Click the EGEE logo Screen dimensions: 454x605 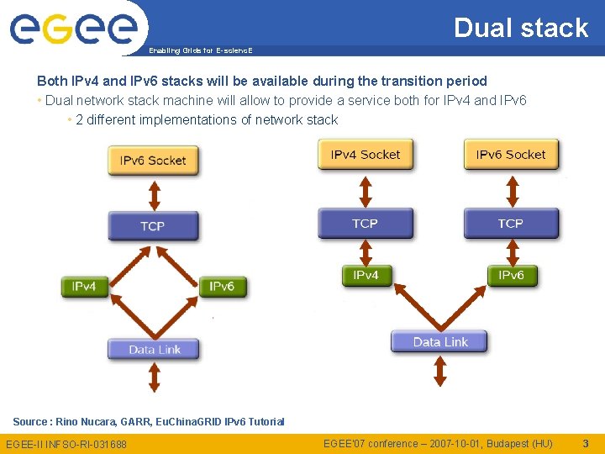[x=73, y=29]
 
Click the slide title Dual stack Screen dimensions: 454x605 [x=521, y=28]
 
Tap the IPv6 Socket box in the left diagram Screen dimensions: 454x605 [x=153, y=160]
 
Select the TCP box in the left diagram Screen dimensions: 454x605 [x=153, y=225]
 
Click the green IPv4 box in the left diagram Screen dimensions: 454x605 [x=84, y=287]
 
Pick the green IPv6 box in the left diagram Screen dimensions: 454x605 [x=222, y=287]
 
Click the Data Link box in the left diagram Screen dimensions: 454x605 [x=154, y=349]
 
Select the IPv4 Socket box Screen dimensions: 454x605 [x=366, y=155]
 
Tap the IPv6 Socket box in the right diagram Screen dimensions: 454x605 [x=511, y=155]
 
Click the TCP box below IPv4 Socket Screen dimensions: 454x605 [x=366, y=224]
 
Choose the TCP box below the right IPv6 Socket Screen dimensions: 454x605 [x=511, y=224]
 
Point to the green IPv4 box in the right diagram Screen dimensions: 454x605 [x=366, y=275]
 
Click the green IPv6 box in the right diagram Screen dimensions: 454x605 [x=511, y=275]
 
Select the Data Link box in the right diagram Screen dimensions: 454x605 [x=439, y=341]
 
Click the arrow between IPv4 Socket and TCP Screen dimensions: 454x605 [x=365, y=190]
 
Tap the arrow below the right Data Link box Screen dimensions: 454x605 [x=439, y=372]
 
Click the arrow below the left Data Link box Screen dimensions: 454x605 [x=154, y=377]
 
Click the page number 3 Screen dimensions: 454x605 [x=586, y=443]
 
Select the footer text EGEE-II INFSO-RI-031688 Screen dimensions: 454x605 [x=66, y=444]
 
